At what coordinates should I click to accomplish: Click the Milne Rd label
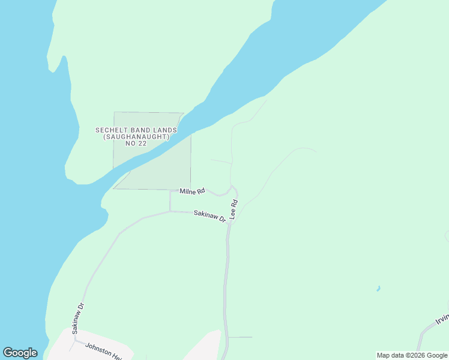(x=193, y=191)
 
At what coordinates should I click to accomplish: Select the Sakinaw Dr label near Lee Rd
(x=209, y=216)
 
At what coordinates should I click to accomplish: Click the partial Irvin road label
(x=442, y=319)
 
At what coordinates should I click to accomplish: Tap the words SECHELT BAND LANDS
(x=136, y=130)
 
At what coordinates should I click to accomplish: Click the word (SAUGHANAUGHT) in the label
(x=136, y=137)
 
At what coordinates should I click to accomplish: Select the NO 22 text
(x=136, y=144)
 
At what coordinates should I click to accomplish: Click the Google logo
(x=20, y=353)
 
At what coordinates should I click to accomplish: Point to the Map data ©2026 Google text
(x=412, y=355)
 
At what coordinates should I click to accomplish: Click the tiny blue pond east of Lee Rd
(x=378, y=289)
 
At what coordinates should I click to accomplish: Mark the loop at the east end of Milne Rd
(x=233, y=190)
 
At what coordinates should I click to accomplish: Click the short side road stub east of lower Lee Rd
(x=240, y=337)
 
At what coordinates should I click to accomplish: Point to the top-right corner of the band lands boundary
(x=183, y=113)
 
